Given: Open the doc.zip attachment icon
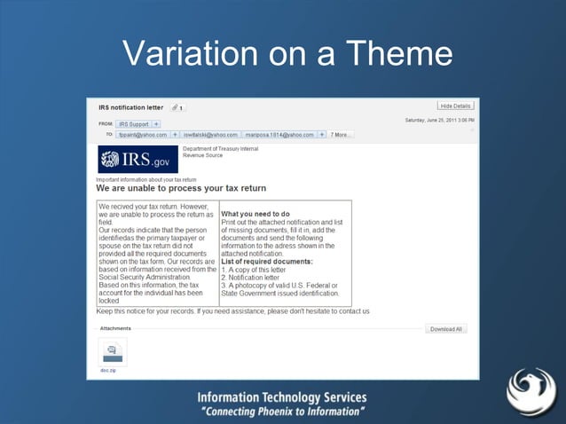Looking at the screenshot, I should [112, 351].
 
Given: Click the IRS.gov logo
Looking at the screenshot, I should [138, 161].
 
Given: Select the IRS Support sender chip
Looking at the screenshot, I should [135, 123].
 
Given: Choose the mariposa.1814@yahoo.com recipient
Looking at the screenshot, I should [279, 135].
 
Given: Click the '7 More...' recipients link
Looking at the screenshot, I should [341, 135].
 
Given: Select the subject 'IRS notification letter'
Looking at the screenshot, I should [130, 107].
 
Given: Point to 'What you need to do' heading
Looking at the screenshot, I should [255, 214].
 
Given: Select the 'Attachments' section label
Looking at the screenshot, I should [115, 328].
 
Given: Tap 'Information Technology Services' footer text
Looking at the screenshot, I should [282, 398].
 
